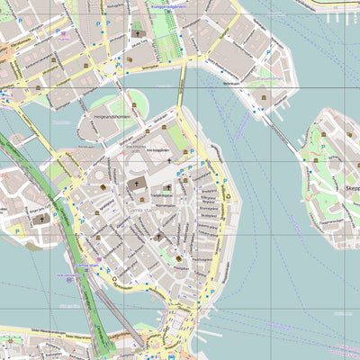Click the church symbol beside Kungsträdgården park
click(138, 34)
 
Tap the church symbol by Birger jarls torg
click(41, 218)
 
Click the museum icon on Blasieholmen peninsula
click(263, 96)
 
